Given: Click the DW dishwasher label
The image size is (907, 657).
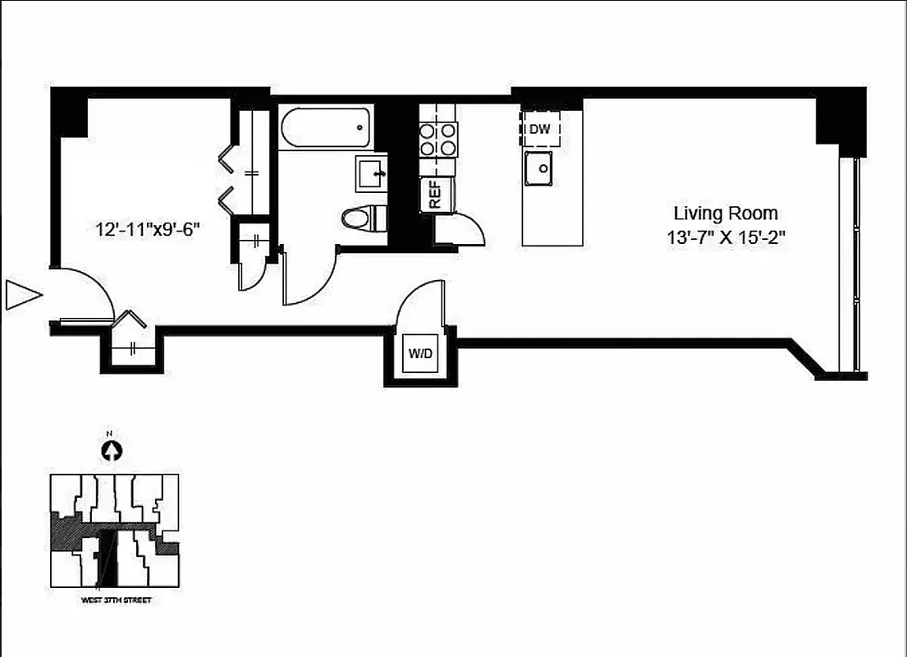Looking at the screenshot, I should pyautogui.click(x=539, y=129).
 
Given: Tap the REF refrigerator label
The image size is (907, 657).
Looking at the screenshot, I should pyautogui.click(x=434, y=195).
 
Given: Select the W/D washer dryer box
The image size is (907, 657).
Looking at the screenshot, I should pyautogui.click(x=418, y=354).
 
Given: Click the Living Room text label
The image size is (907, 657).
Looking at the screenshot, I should pyautogui.click(x=726, y=214).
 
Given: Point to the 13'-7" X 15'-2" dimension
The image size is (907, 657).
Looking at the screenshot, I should pyautogui.click(x=726, y=240).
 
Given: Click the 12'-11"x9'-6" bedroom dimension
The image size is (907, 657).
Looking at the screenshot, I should pyautogui.click(x=148, y=229).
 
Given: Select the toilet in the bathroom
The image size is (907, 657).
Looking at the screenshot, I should pyautogui.click(x=360, y=218).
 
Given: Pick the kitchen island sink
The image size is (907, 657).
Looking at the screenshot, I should pyautogui.click(x=539, y=169).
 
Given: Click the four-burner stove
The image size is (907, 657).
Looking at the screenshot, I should pyautogui.click(x=438, y=139).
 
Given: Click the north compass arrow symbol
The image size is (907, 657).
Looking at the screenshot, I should pyautogui.click(x=111, y=450).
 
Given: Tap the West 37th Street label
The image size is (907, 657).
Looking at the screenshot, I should pyautogui.click(x=116, y=601).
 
